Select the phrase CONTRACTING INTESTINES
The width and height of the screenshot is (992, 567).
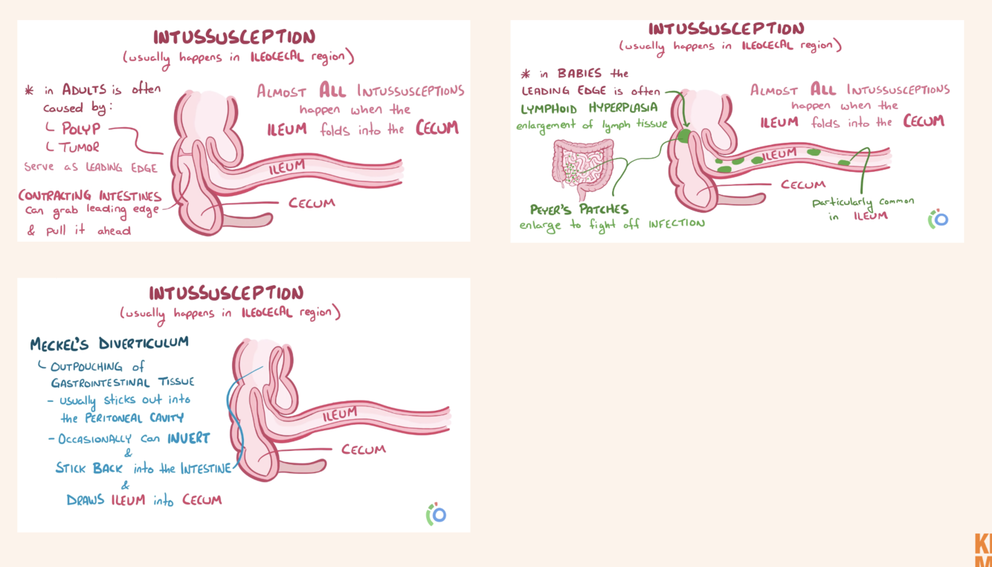(90, 196)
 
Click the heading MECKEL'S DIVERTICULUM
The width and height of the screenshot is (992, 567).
(109, 344)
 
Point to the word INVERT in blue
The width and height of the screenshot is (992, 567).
(188, 438)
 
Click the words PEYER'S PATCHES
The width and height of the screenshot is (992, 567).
(579, 209)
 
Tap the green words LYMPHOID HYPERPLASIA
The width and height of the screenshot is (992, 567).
(589, 108)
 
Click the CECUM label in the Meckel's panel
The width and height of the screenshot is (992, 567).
(364, 449)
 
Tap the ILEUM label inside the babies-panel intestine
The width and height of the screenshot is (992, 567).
(779, 155)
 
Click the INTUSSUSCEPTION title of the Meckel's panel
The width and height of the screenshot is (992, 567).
(226, 292)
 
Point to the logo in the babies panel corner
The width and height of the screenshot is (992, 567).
(938, 219)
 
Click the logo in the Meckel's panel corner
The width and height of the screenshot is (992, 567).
(436, 513)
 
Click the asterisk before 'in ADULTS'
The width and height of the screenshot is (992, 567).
(29, 91)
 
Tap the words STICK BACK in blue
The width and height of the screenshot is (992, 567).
(88, 468)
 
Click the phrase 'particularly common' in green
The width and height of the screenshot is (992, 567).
(863, 202)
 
